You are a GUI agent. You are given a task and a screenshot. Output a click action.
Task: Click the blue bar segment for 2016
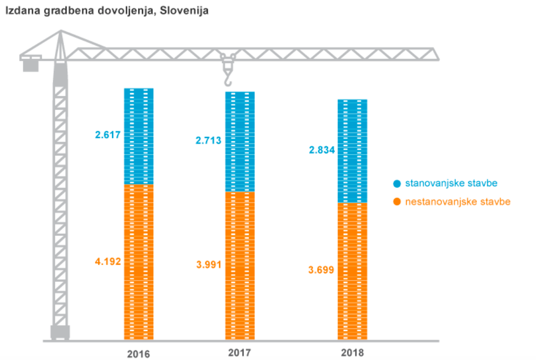pyautogui.click(x=139, y=136)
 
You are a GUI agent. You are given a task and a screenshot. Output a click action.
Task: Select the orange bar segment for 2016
pyautogui.click(x=139, y=262)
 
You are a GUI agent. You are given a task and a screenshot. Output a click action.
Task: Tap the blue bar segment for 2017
pyautogui.click(x=240, y=142)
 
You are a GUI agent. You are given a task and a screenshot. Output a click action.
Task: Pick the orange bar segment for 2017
pyautogui.click(x=240, y=266)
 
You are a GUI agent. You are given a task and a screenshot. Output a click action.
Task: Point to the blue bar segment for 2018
pyautogui.click(x=352, y=151)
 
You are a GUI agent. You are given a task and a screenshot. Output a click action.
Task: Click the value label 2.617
pyautogui.click(x=107, y=135)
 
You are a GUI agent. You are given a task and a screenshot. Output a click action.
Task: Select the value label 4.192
pyautogui.click(x=107, y=262)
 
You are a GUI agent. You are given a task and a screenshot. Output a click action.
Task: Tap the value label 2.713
pyautogui.click(x=208, y=140)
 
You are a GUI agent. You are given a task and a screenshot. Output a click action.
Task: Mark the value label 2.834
pyautogui.click(x=322, y=150)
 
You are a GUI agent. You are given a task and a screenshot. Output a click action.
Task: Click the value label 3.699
pyautogui.click(x=322, y=270)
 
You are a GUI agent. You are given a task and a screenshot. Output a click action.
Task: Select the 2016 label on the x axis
pyautogui.click(x=138, y=354)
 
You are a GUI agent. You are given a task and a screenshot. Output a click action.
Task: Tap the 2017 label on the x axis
pyautogui.click(x=240, y=353)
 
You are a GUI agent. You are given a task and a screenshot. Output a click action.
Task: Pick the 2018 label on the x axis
pyautogui.click(x=352, y=353)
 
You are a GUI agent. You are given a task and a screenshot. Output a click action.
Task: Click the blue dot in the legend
pyautogui.click(x=396, y=183)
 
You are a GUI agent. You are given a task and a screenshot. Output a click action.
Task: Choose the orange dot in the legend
pyautogui.click(x=396, y=202)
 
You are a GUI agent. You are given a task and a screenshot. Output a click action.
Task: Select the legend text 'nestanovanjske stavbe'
pyautogui.click(x=458, y=202)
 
